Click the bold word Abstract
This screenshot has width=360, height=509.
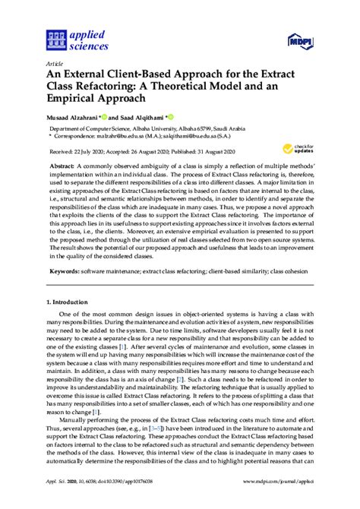[85, 165]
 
